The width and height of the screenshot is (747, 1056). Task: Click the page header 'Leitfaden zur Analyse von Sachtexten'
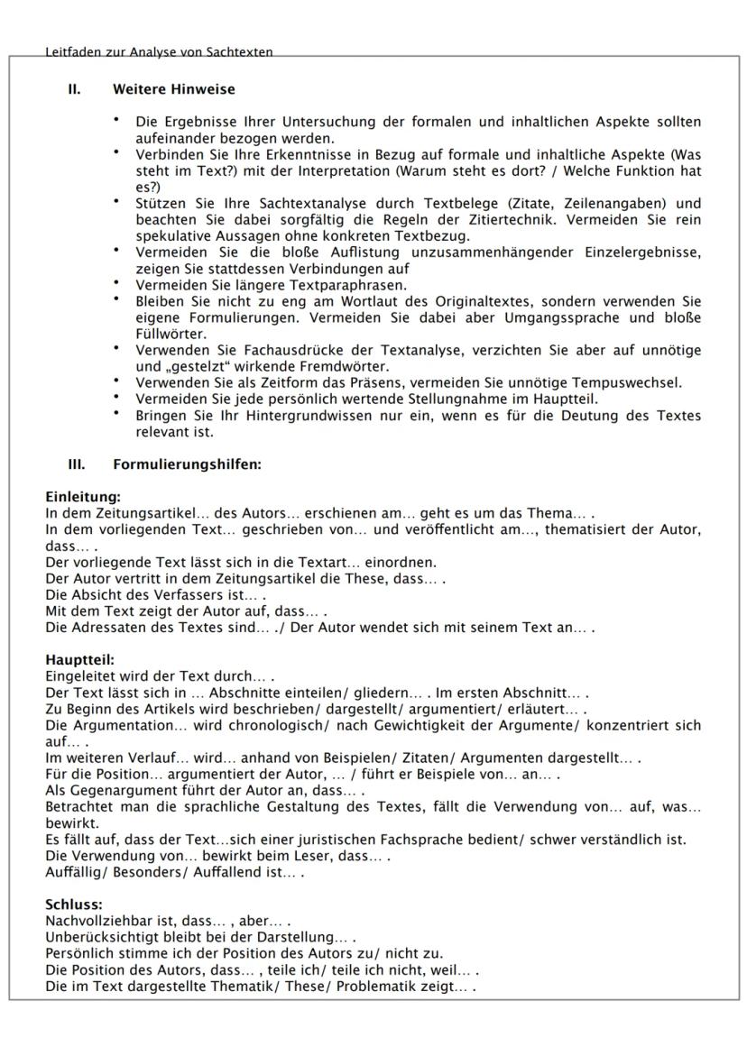tap(159, 52)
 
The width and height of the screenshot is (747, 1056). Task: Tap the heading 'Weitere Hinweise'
tap(173, 89)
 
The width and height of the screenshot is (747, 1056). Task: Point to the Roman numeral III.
tap(76, 465)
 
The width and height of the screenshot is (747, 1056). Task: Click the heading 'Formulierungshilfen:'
tap(186, 465)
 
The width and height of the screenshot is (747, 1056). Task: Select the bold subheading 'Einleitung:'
tap(83, 497)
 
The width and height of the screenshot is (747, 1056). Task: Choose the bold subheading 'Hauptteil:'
tap(79, 660)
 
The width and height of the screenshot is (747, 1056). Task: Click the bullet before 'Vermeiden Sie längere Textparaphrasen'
tap(116, 281)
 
